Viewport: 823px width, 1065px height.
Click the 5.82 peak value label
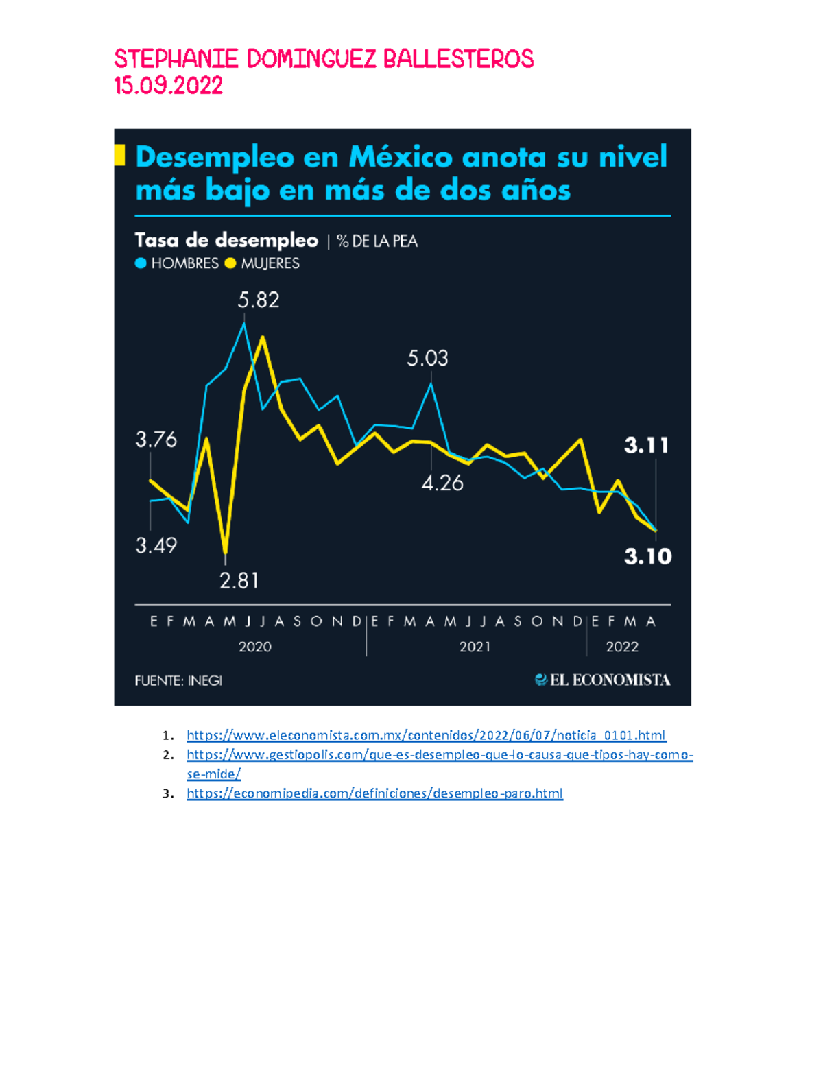pyautogui.click(x=258, y=300)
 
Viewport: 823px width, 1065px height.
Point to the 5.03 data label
pyautogui.click(x=427, y=358)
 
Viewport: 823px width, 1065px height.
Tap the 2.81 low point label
pyautogui.click(x=239, y=581)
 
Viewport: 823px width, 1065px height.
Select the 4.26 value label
pyautogui.click(x=442, y=483)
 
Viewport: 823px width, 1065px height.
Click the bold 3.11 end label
pyautogui.click(x=646, y=446)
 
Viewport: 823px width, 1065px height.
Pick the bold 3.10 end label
pyautogui.click(x=647, y=556)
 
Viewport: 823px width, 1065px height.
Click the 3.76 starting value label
pyautogui.click(x=156, y=440)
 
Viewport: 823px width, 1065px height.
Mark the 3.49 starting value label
pyautogui.click(x=156, y=545)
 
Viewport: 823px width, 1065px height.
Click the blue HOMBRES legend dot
pyautogui.click(x=141, y=263)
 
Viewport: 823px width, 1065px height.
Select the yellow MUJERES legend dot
pyautogui.click(x=230, y=263)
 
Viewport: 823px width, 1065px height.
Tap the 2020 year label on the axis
pyautogui.click(x=254, y=647)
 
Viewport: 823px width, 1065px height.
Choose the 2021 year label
pyautogui.click(x=475, y=647)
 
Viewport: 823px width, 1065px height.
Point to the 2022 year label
pyautogui.click(x=622, y=647)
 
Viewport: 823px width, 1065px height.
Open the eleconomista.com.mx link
pyautogui.click(x=426, y=735)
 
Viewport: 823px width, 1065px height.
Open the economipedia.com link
pyautogui.click(x=374, y=793)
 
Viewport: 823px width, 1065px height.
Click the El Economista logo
pyautogui.click(x=602, y=680)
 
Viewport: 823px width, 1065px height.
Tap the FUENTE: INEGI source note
pyautogui.click(x=178, y=681)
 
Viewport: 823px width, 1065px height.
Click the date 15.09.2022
pyautogui.click(x=168, y=86)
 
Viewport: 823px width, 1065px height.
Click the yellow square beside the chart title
pyautogui.click(x=119, y=155)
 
